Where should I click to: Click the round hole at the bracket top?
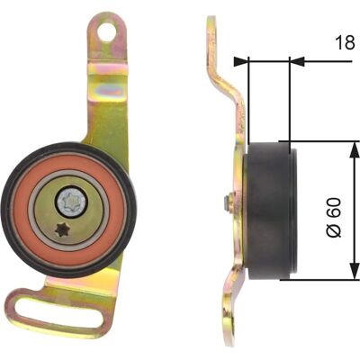[106, 31]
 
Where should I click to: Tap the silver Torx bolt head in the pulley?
[72, 201]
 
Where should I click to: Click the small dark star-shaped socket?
[63, 230]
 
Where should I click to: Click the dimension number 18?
[345, 42]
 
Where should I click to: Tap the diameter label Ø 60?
[334, 217]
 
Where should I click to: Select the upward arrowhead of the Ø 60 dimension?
[355, 149]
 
